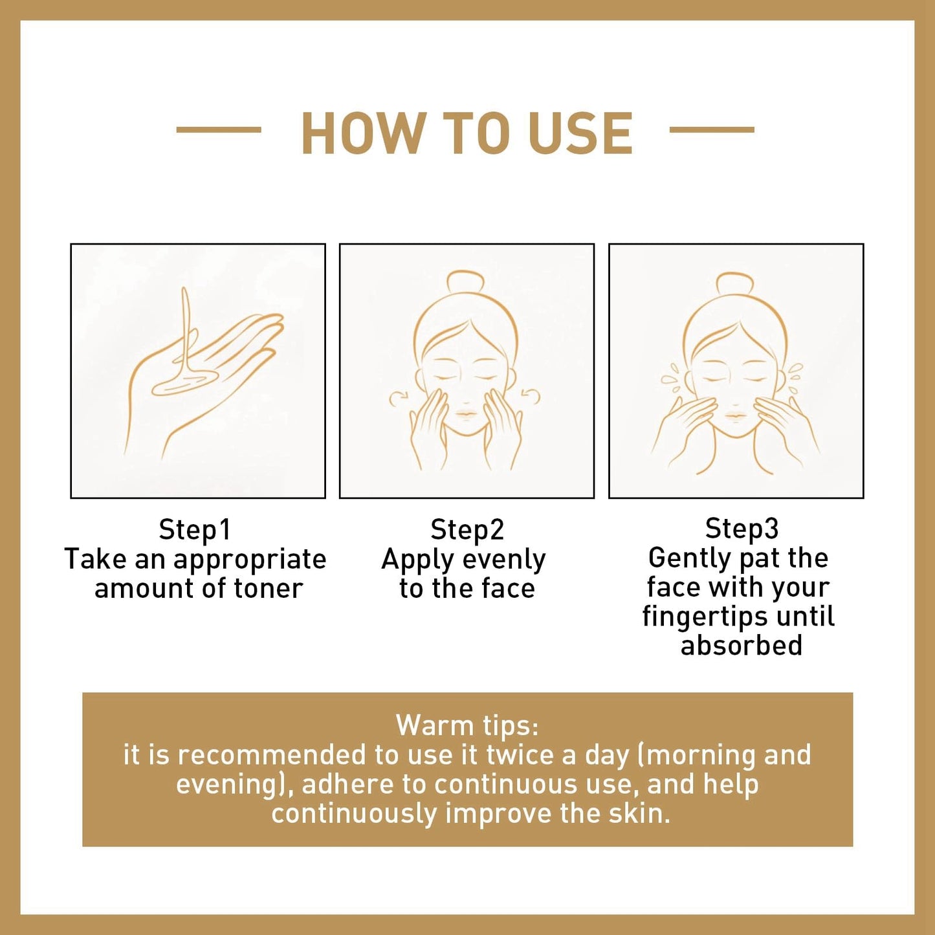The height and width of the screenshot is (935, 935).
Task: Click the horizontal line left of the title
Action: pos(219,129)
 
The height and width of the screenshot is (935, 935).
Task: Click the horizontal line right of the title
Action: pos(712,129)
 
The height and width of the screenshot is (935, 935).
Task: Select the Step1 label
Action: pos(195,529)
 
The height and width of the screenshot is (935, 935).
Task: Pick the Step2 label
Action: pos(467,529)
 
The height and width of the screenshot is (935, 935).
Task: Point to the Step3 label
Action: pos(742,529)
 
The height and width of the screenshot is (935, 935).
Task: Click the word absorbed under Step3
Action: pos(741,645)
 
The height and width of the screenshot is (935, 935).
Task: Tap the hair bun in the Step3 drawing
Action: pos(735,286)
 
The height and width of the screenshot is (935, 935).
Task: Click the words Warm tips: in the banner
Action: pos(467,725)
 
